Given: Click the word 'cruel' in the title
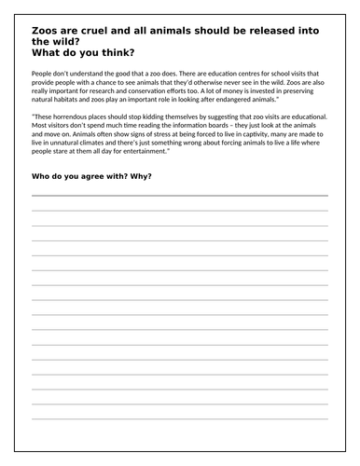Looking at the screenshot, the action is coord(102,30).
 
